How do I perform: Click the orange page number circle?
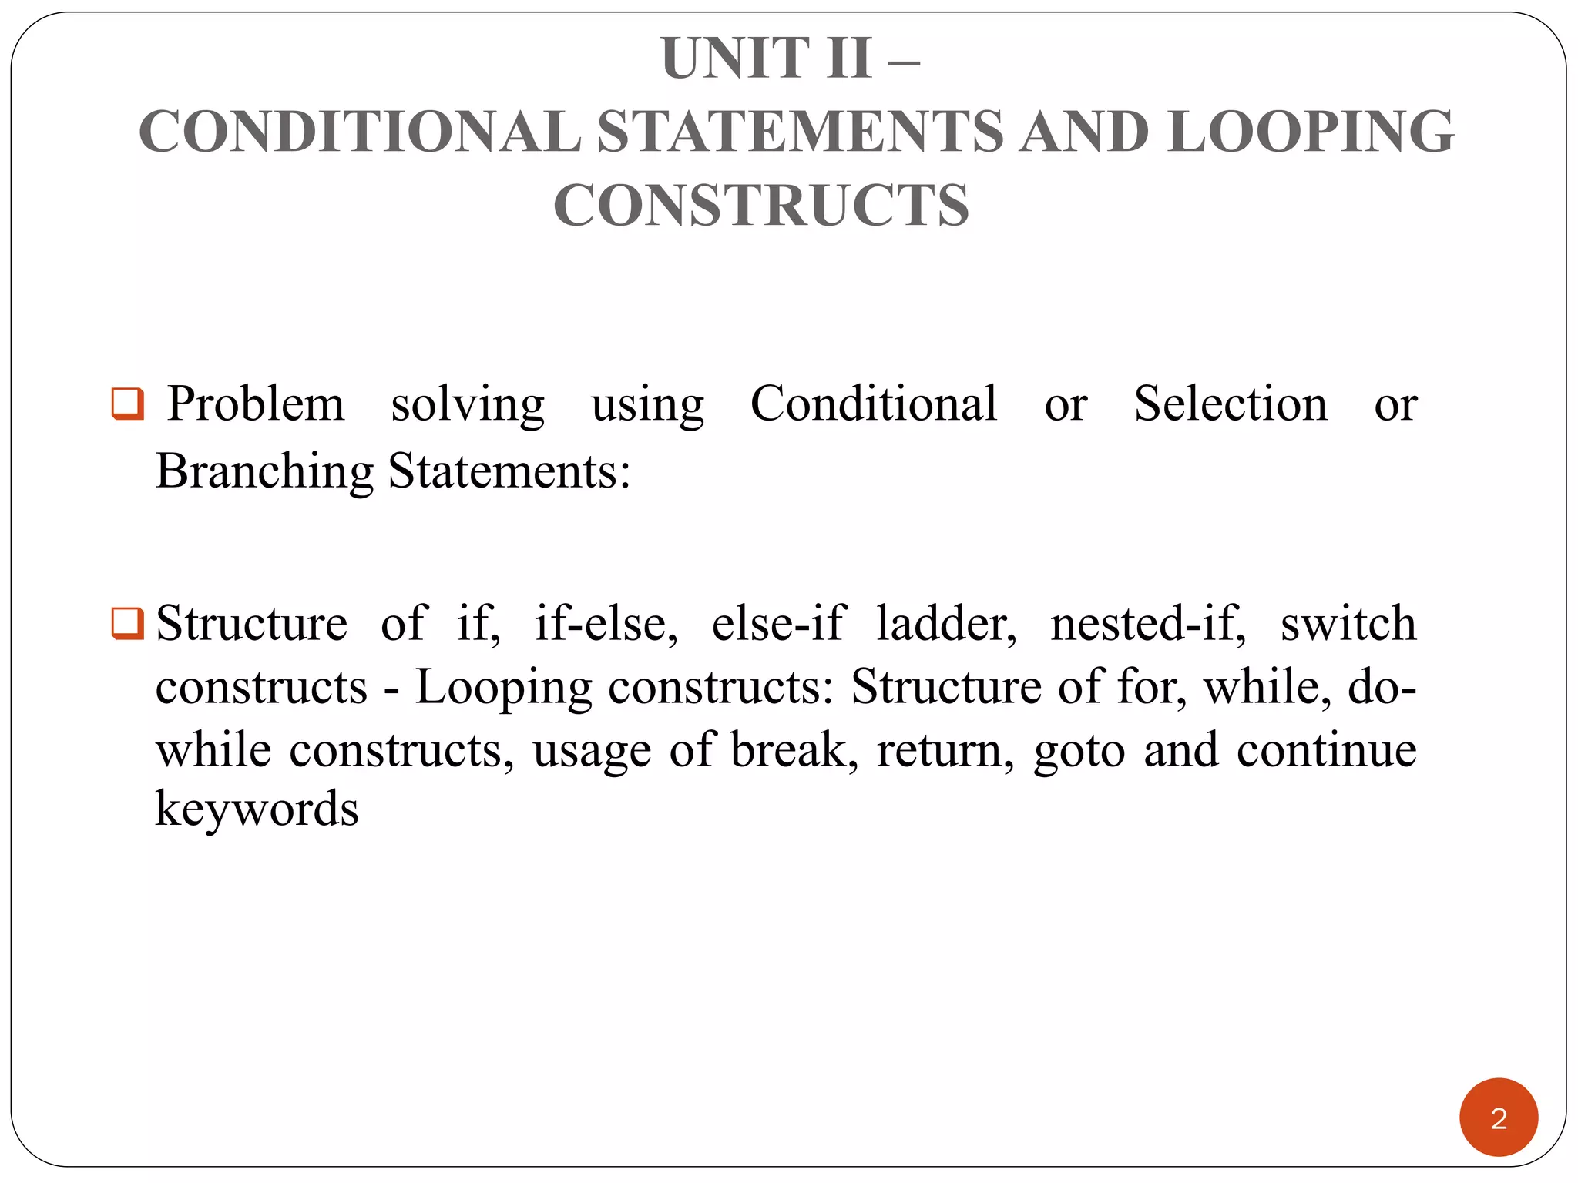(1498, 1117)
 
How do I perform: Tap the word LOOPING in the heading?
(1311, 132)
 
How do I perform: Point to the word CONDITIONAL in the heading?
(360, 132)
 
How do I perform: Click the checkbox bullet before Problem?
(128, 404)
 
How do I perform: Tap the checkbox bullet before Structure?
(128, 623)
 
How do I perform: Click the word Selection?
(1231, 404)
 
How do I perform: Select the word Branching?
(264, 471)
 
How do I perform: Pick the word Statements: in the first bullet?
(509, 471)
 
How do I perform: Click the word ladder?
(946, 623)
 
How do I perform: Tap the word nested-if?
(1148, 623)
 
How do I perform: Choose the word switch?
(1348, 623)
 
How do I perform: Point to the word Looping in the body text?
(503, 687)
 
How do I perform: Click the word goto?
(1079, 750)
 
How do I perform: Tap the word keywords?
(257, 809)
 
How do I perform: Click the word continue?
(1326, 750)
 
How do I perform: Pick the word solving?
(468, 404)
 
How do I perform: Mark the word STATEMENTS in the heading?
(801, 132)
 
